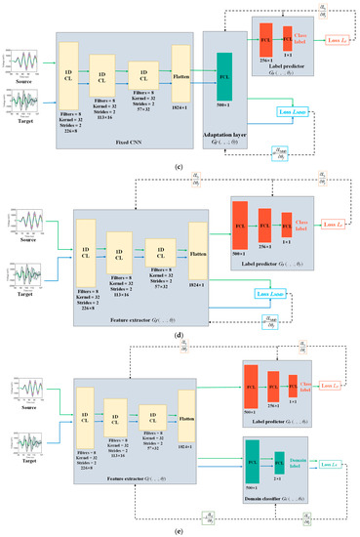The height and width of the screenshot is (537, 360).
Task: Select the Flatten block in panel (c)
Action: [182, 64]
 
